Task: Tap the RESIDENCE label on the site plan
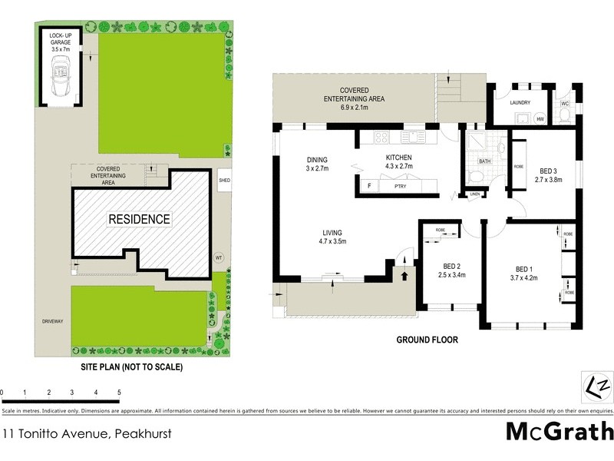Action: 139,219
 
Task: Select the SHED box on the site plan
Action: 224,181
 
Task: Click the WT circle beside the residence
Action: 219,257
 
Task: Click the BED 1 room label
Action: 524,269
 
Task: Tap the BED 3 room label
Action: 548,171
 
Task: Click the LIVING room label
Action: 332,233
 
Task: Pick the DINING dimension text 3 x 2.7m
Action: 317,168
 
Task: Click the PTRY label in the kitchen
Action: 400,186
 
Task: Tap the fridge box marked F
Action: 369,186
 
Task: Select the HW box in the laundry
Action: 540,119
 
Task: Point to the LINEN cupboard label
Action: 474,194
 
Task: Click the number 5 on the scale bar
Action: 119,393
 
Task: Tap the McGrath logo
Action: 559,431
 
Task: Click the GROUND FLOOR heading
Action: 427,340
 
